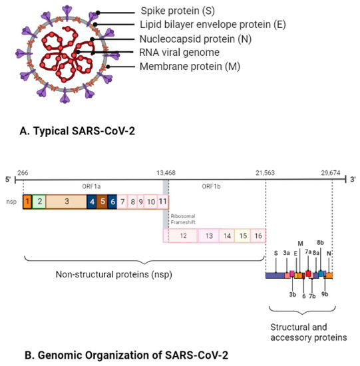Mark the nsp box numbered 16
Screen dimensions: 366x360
(258, 236)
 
